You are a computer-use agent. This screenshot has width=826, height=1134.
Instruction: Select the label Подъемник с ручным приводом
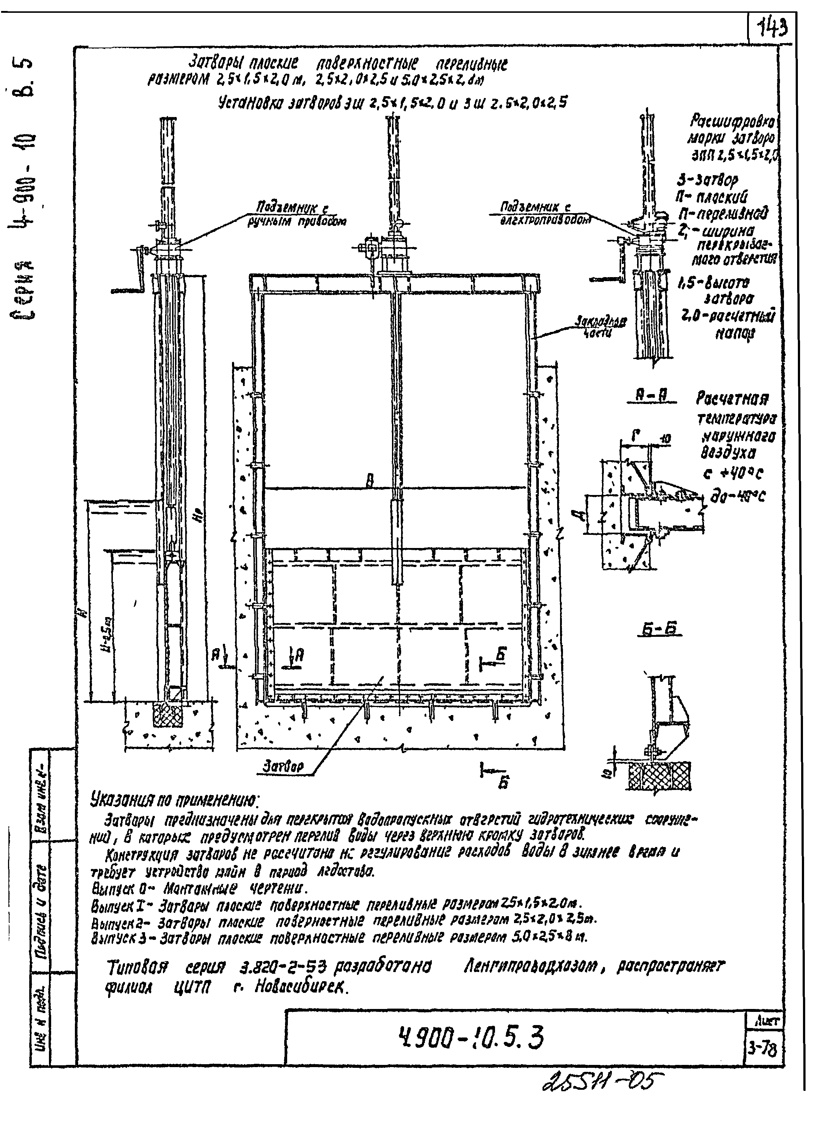[297, 213]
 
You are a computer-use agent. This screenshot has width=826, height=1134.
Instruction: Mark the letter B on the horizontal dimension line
[370, 481]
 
